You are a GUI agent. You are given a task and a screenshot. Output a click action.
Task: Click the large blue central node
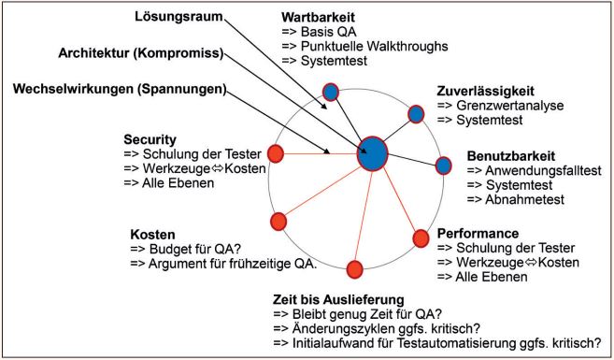point(372,152)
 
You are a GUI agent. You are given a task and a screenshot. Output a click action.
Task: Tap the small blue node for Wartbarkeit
point(331,92)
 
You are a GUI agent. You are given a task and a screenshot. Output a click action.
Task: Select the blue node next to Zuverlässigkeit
point(417,114)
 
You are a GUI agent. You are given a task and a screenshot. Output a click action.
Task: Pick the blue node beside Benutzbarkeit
point(444,166)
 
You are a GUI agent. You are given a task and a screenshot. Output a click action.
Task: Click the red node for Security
point(276,153)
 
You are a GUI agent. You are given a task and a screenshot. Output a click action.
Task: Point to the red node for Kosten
point(278,222)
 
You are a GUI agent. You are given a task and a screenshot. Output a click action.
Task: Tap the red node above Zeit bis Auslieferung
point(354,270)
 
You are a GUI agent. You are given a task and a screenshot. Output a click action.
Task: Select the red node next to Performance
point(421,238)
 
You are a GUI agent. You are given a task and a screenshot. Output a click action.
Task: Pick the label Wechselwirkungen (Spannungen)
point(118,89)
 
